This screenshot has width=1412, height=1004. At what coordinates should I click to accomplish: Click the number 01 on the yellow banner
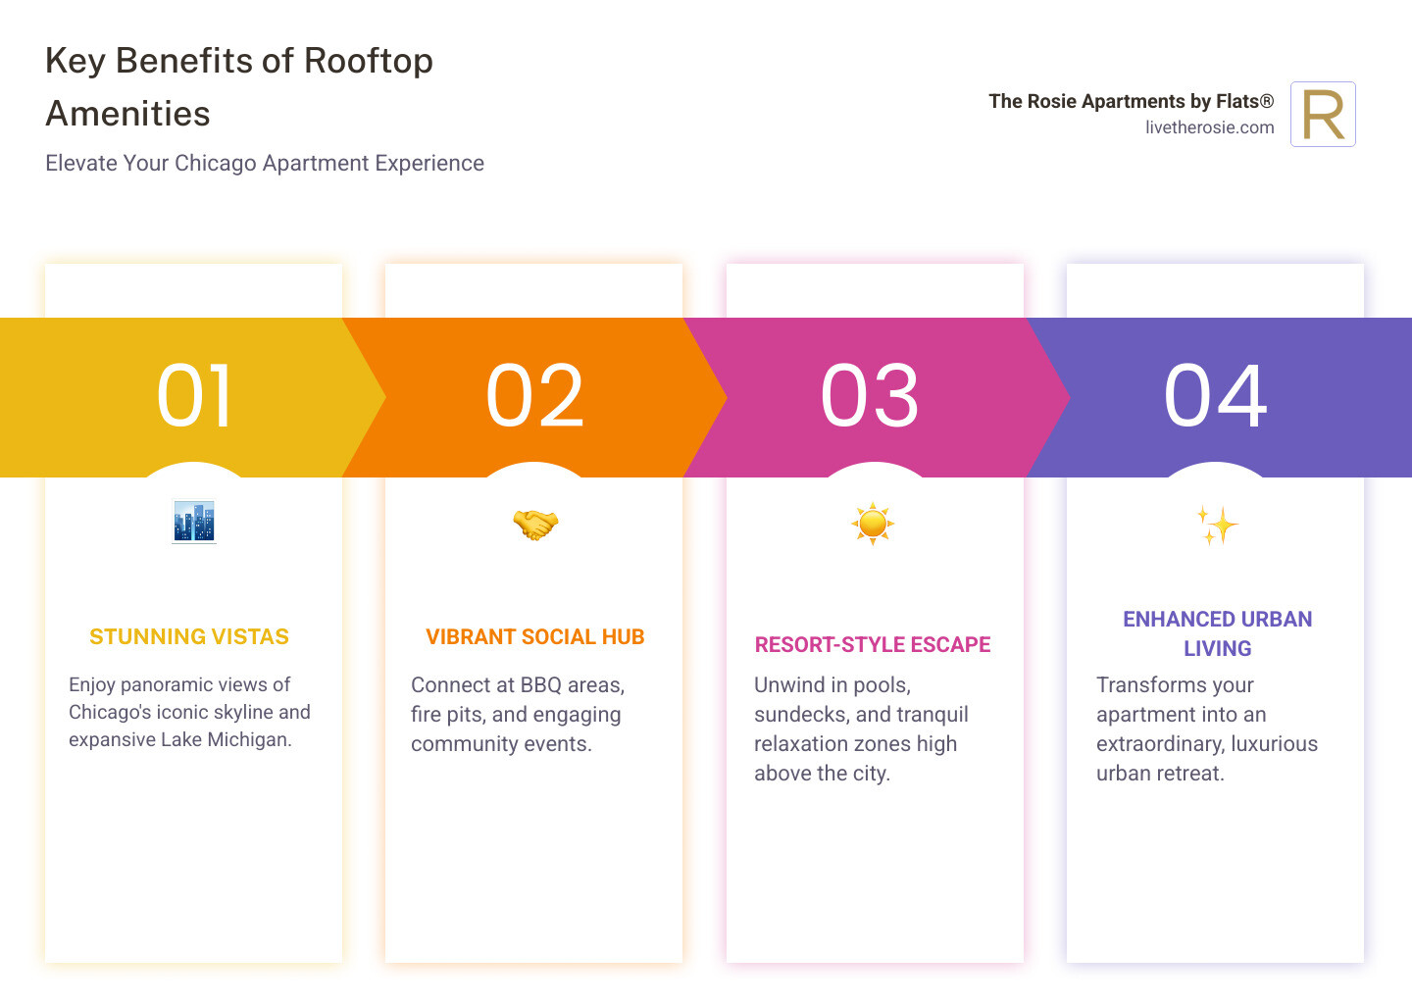[194, 396]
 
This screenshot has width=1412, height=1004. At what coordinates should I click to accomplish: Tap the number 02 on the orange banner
[534, 396]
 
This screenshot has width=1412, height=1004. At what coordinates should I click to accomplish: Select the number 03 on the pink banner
[870, 396]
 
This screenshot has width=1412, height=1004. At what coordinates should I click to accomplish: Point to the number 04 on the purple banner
[1215, 396]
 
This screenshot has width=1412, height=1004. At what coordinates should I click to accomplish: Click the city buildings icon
[194, 523]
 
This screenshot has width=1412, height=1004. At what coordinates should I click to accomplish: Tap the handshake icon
[534, 525]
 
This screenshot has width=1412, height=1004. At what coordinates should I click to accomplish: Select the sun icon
[873, 524]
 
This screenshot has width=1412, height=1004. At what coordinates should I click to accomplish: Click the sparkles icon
[1217, 526]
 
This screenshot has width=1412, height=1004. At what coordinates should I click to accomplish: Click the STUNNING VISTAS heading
[189, 637]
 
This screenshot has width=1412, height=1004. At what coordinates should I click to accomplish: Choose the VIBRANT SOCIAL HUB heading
[535, 637]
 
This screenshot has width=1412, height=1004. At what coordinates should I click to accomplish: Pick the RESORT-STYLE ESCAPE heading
[873, 645]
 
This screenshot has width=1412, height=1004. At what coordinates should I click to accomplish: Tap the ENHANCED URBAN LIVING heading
[1217, 633]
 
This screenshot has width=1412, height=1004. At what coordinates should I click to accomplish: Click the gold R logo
[1323, 115]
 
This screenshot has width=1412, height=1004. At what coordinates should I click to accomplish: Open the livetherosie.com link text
[1209, 127]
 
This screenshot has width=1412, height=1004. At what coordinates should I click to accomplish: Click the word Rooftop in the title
[369, 61]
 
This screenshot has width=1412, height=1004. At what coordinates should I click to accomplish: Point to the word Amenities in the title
[128, 114]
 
